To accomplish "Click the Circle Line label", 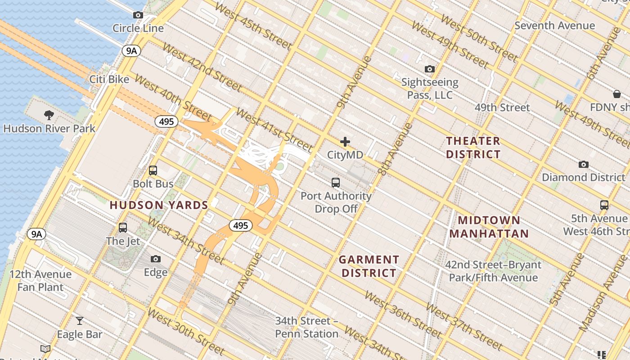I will (138, 28).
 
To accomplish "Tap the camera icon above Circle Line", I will (138, 15).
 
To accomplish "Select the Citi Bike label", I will (109, 80).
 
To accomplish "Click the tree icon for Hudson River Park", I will (49, 115).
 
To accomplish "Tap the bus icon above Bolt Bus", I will (153, 171).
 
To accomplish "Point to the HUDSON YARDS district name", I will (159, 205).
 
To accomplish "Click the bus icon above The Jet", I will (123, 228).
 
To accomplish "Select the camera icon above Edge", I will (156, 259).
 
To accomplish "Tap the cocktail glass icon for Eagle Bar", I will (80, 321).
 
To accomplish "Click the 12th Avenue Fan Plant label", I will (40, 280).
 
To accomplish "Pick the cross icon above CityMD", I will (345, 142).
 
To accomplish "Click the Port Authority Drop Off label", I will (336, 202).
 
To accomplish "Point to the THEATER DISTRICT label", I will (473, 148).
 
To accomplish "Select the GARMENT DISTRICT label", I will (369, 266).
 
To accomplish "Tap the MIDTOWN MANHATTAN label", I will (489, 227).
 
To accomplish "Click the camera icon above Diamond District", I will (584, 164).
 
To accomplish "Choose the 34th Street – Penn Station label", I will (307, 327).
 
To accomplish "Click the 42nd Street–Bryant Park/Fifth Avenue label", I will (493, 271).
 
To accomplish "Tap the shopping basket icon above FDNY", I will (616, 94).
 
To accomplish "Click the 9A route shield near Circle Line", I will (131, 51).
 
